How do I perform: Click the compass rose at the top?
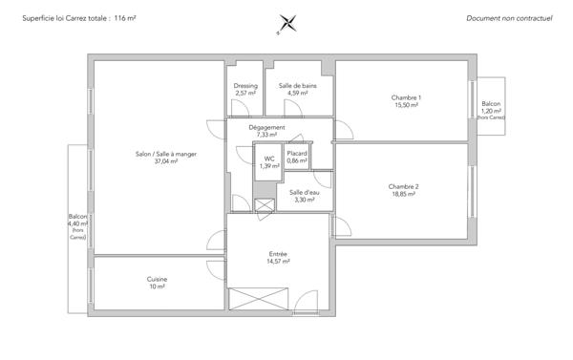coord(286,23)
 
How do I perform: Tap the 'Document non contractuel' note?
coord(509,18)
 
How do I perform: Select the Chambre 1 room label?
coord(406,97)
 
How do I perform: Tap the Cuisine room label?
coord(157,279)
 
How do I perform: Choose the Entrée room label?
coord(278,253)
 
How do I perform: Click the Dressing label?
coord(245,86)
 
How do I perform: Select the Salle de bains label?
coord(298,86)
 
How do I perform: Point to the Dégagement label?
coord(266,127)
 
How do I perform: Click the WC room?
coord(268,162)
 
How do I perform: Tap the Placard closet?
coord(298,157)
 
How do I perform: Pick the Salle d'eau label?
coord(304,193)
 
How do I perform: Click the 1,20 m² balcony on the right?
coord(491,107)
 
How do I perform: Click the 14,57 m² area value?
coord(278,261)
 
